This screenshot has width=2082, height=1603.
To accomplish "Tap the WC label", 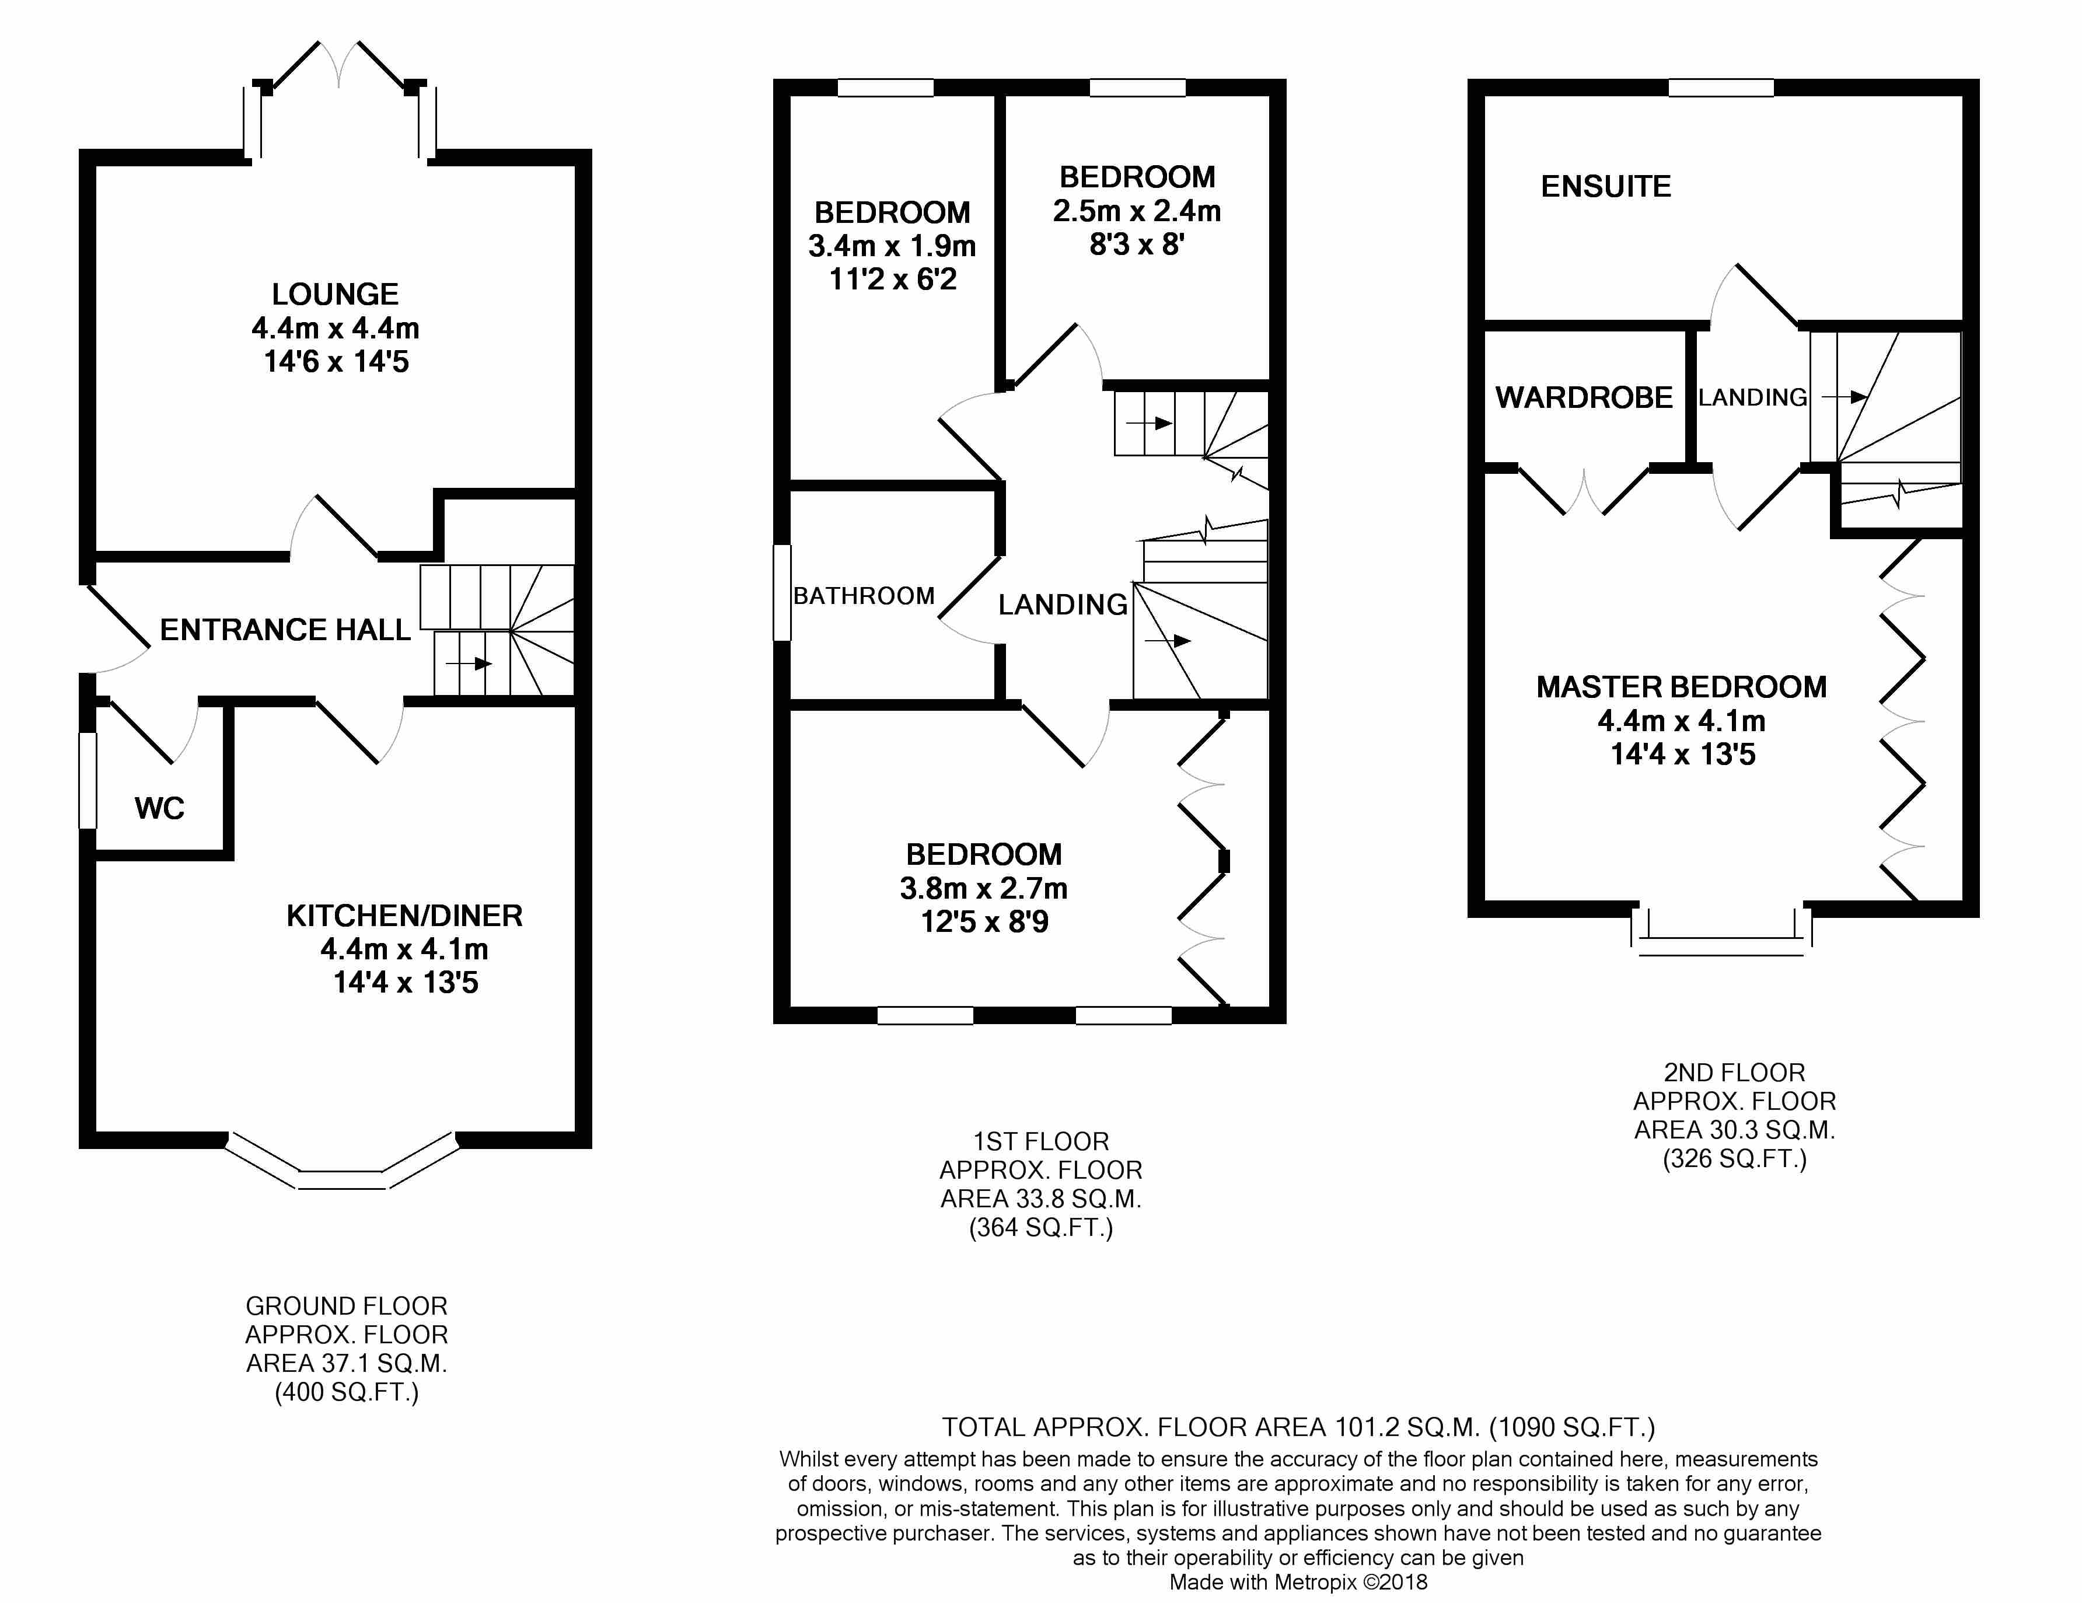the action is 159,809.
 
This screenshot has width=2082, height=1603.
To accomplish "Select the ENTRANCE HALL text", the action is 285,630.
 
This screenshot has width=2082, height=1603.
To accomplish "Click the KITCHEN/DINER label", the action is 404,916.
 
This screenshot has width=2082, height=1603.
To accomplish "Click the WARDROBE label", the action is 1584,397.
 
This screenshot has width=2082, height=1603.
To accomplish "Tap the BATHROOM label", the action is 864,596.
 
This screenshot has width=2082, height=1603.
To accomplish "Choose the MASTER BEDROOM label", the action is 1682,687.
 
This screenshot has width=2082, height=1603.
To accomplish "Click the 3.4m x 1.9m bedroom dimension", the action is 892,246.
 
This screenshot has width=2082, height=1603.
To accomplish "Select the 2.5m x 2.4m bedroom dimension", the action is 1136,211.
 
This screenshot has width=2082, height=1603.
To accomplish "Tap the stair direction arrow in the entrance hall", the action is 469,663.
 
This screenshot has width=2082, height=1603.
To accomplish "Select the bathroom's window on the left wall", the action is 782,592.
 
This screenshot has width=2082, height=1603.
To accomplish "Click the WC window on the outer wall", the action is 88,780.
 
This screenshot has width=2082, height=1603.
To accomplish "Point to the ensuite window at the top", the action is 1721,88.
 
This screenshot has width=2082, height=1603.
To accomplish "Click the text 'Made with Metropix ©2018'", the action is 1298,1582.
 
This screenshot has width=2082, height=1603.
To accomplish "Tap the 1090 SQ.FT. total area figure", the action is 1573,1427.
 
